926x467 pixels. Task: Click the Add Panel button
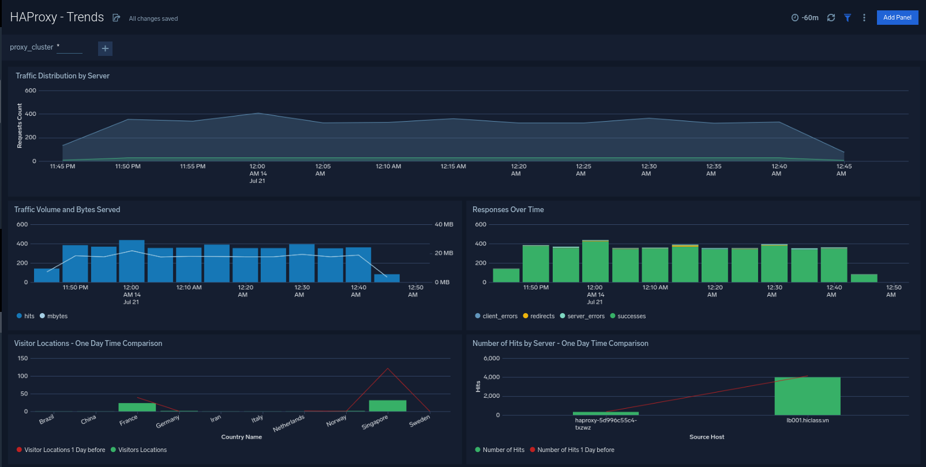tap(897, 18)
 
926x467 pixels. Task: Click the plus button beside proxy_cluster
tap(105, 48)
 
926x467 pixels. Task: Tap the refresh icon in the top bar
tap(831, 18)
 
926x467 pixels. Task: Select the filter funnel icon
tap(848, 18)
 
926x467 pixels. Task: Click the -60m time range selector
tap(805, 18)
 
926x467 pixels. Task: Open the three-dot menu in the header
tap(864, 18)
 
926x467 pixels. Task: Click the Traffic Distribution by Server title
tap(62, 76)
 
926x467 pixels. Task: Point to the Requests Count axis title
tap(20, 126)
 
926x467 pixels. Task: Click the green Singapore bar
tap(388, 405)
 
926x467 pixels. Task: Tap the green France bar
tap(137, 407)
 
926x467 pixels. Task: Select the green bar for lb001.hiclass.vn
tap(807, 396)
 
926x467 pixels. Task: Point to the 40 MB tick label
tap(444, 224)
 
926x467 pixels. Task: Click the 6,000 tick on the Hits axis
tap(492, 358)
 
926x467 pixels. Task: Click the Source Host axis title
tap(706, 437)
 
